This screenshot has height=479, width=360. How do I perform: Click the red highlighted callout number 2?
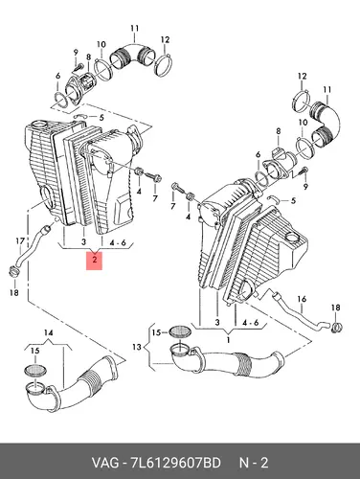(95, 261)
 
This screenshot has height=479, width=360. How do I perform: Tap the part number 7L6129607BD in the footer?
(176, 463)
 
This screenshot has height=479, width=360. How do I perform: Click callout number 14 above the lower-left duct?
(49, 333)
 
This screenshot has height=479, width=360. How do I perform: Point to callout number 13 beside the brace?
(137, 347)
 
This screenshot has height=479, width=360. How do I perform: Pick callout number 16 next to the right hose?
(302, 299)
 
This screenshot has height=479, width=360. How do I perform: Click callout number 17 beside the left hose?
(20, 241)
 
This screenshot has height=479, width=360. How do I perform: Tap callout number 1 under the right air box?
(229, 339)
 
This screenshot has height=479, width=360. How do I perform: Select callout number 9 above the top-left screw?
(76, 53)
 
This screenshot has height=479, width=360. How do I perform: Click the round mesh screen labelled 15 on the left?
(35, 370)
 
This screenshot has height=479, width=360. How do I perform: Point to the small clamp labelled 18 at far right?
(336, 328)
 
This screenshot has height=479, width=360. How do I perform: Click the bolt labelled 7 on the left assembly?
(153, 177)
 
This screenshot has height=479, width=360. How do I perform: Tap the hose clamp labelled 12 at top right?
(301, 101)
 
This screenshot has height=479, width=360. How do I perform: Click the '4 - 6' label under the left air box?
(118, 242)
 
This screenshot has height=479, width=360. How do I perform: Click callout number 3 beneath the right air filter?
(217, 322)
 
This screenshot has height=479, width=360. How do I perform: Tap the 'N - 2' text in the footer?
(254, 463)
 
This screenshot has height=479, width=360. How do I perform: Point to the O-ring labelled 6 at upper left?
(60, 100)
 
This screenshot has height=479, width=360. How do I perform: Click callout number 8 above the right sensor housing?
(279, 131)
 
